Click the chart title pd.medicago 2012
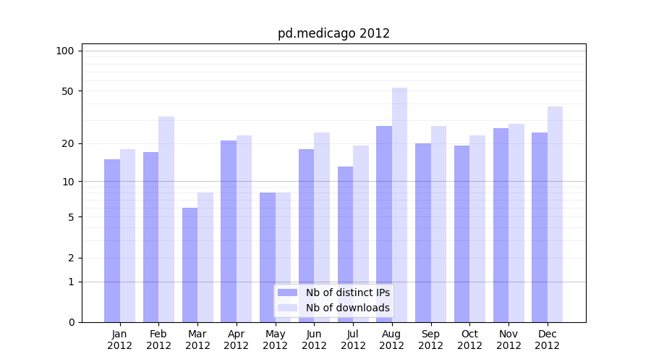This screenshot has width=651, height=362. pyautogui.click(x=333, y=33)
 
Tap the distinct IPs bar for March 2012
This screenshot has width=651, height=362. pyautogui.click(x=190, y=265)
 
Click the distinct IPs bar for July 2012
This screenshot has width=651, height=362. pyautogui.click(x=345, y=244)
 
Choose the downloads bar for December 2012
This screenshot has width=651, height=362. pyautogui.click(x=556, y=214)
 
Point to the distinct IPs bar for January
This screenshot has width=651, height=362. pyautogui.click(x=112, y=240)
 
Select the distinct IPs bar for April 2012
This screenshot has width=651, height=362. pyautogui.click(x=229, y=231)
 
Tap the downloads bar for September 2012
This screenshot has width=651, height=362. pyautogui.click(x=438, y=224)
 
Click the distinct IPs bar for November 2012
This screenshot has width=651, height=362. pyautogui.click(x=501, y=225)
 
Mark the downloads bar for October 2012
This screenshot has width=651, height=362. pyautogui.click(x=477, y=229)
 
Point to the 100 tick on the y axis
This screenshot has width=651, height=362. pyautogui.click(x=65, y=51)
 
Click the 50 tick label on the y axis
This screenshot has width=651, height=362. pyautogui.click(x=67, y=91)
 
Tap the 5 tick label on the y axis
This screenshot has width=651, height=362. pyautogui.click(x=70, y=217)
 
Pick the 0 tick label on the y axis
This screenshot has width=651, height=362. pyautogui.click(x=70, y=322)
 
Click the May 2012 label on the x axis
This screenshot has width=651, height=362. pyautogui.click(x=275, y=340)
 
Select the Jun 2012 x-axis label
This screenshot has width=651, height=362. pyautogui.click(x=314, y=340)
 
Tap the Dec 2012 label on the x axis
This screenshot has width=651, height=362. pyautogui.click(x=548, y=340)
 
